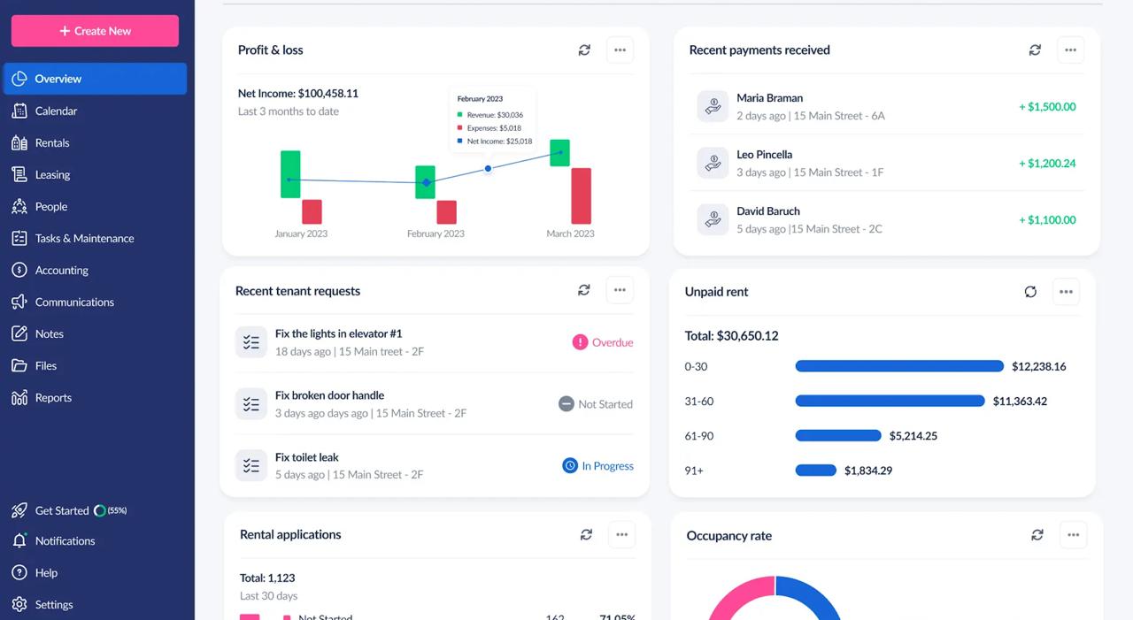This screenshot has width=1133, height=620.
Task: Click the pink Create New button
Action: click(x=95, y=31)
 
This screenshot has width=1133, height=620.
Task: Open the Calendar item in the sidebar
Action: click(x=56, y=111)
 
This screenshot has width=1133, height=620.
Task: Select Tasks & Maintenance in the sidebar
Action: click(x=84, y=238)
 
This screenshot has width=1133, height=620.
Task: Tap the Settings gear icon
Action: click(x=19, y=604)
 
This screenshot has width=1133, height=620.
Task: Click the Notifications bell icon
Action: click(x=19, y=540)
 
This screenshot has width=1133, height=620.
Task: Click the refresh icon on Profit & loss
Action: click(x=584, y=50)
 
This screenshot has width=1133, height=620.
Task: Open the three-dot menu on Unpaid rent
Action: click(x=1066, y=292)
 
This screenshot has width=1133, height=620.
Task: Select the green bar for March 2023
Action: click(x=559, y=152)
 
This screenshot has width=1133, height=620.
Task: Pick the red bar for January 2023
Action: click(x=312, y=211)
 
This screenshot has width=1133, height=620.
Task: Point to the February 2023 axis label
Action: click(x=435, y=233)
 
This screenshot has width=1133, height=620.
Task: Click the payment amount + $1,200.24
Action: click(x=1047, y=164)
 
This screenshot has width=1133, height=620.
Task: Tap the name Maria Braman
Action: click(x=769, y=98)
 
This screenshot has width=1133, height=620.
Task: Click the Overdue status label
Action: click(x=612, y=342)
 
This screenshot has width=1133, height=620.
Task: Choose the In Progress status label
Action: click(x=607, y=466)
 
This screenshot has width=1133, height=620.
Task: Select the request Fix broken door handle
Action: click(x=329, y=395)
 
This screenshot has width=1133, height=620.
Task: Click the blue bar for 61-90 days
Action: click(x=838, y=435)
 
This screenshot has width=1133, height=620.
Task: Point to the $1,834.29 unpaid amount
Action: click(x=867, y=471)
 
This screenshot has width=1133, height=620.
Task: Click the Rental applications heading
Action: click(x=290, y=534)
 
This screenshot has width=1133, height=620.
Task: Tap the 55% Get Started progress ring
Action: click(x=100, y=510)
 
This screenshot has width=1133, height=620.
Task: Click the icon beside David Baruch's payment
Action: click(x=713, y=220)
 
